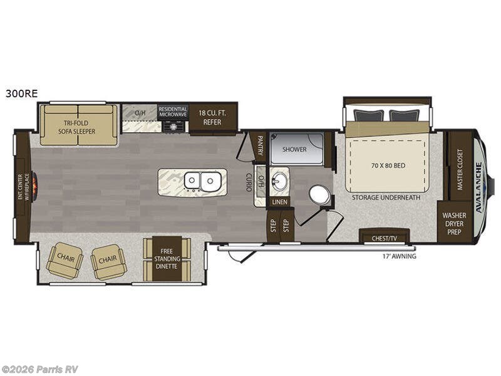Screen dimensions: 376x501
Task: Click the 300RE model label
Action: [21, 93]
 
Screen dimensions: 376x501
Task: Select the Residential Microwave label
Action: [173, 112]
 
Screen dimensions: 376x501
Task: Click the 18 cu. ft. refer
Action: [212, 117]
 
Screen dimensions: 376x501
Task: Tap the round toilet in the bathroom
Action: [320, 195]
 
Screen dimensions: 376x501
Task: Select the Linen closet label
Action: [279, 202]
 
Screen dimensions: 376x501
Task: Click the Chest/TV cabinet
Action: [385, 238]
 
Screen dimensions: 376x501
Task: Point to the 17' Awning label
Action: [399, 256]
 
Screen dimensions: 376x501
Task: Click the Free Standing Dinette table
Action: [167, 259]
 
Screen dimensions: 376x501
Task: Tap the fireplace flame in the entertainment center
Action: [34, 185]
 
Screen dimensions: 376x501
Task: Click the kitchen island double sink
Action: [202, 182]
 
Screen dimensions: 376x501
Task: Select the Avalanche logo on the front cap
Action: [480, 185]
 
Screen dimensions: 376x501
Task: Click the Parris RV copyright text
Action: [40, 369]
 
